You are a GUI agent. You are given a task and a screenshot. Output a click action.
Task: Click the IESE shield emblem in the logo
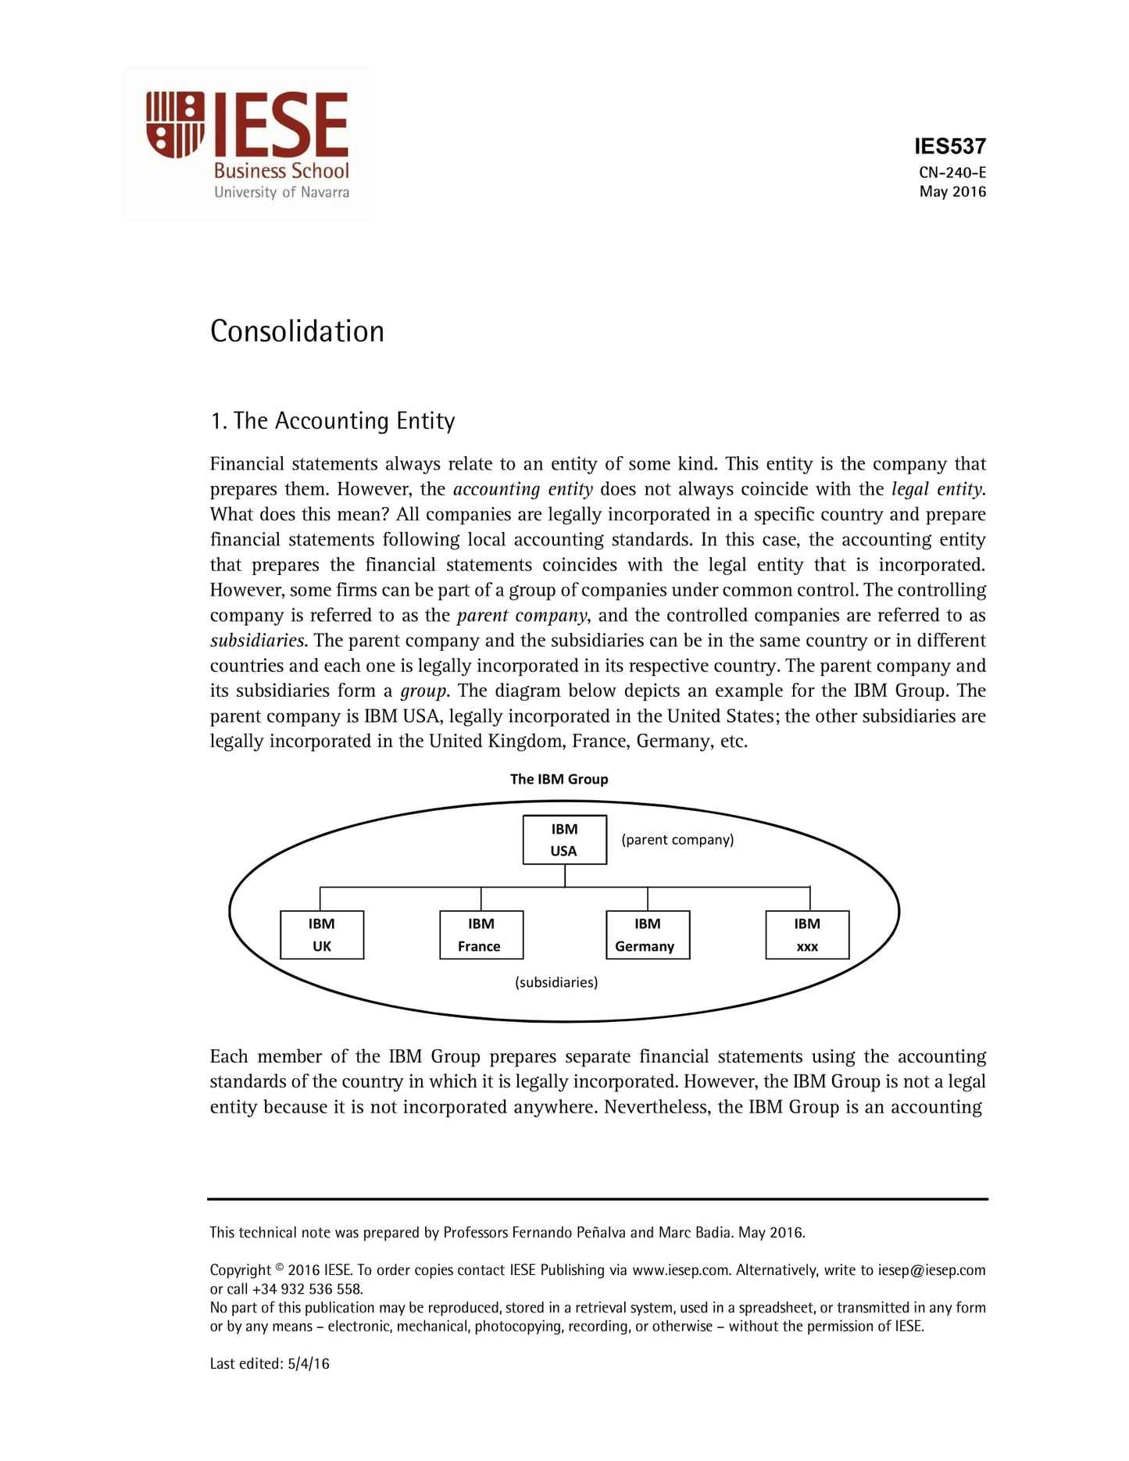(x=175, y=125)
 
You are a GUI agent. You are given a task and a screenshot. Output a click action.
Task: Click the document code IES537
(x=950, y=147)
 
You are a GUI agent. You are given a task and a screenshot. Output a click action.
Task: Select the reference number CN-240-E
(x=952, y=173)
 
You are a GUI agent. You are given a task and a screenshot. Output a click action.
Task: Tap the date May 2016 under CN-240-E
(x=952, y=192)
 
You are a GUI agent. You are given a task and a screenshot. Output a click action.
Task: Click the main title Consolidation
(x=297, y=331)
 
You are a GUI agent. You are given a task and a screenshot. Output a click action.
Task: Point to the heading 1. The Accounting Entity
(x=332, y=421)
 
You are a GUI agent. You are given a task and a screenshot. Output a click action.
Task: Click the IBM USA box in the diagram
(x=564, y=840)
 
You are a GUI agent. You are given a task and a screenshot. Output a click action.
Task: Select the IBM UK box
(x=322, y=934)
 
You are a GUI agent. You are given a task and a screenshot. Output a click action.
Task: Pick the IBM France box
(x=481, y=934)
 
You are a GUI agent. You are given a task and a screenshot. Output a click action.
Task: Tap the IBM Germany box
(x=648, y=934)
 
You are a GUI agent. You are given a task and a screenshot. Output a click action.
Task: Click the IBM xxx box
(x=807, y=934)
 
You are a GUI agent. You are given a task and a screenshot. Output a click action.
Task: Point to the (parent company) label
(x=677, y=840)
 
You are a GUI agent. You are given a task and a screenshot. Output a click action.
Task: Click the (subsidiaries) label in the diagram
(x=556, y=983)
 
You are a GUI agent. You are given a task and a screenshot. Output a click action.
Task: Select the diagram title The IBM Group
(x=559, y=779)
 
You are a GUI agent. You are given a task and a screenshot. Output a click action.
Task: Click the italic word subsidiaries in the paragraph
(x=257, y=641)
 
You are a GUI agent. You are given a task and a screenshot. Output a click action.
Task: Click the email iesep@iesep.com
(x=931, y=1270)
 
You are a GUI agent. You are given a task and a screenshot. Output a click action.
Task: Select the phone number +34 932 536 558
(x=307, y=1289)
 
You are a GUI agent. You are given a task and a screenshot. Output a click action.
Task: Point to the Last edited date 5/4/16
(x=309, y=1364)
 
